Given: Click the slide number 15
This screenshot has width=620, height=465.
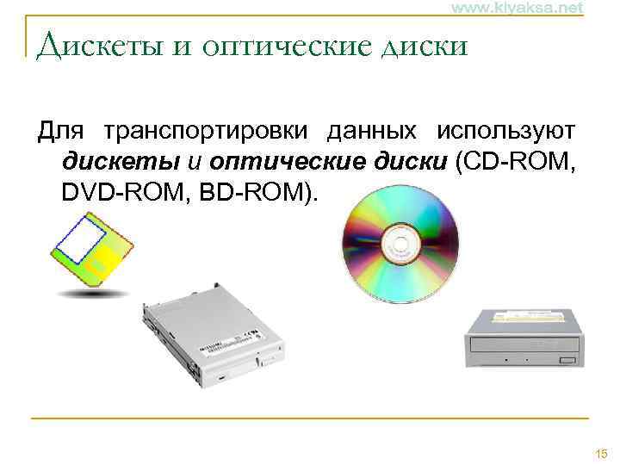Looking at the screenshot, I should pos(600,453).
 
